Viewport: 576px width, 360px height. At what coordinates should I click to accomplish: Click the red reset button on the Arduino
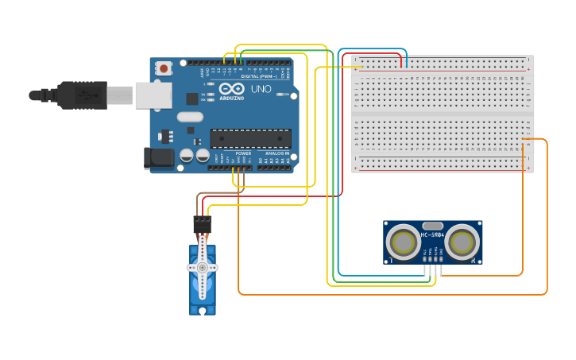[x=164, y=68]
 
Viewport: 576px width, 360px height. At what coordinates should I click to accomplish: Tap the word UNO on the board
[x=261, y=89]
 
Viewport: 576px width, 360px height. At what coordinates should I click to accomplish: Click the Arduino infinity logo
[x=232, y=89]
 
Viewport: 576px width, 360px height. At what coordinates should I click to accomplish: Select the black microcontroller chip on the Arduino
[x=250, y=137]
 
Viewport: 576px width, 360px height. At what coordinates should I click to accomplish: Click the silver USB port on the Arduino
[x=153, y=95]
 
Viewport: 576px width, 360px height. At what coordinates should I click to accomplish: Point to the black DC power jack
[x=160, y=157]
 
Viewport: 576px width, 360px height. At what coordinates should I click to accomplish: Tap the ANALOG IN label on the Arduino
[x=276, y=153]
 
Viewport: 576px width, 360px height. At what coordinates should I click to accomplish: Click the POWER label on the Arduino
[x=242, y=153]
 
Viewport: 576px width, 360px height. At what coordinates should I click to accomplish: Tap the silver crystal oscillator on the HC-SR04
[x=432, y=225]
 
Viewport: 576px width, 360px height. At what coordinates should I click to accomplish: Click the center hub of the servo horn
[x=203, y=268]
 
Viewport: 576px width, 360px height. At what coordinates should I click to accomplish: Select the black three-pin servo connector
[x=203, y=224]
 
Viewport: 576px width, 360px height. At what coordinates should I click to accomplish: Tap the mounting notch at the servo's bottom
[x=203, y=310]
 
